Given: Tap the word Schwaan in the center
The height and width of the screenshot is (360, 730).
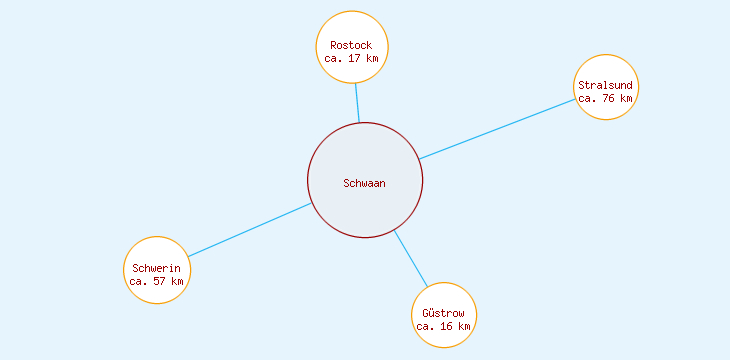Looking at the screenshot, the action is [364, 183].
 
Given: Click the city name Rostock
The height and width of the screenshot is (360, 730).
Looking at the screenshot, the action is [351, 45].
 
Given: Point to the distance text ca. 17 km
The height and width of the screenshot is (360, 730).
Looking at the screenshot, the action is [351, 58].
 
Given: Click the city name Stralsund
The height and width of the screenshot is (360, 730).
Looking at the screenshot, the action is [605, 85].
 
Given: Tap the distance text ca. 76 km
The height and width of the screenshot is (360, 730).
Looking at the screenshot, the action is [605, 98].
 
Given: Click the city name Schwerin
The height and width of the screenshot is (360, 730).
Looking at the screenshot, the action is [156, 268].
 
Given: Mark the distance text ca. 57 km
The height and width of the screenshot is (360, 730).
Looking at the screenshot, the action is [156, 281].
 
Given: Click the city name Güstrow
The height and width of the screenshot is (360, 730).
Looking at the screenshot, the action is [443, 314].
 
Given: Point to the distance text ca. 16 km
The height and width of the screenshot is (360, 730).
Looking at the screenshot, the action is [443, 327].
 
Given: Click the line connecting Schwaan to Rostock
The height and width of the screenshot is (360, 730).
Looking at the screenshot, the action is [357, 102].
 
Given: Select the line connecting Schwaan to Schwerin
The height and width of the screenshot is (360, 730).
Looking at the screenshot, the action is [250, 230].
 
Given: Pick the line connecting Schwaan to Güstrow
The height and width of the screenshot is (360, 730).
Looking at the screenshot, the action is [410, 258].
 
